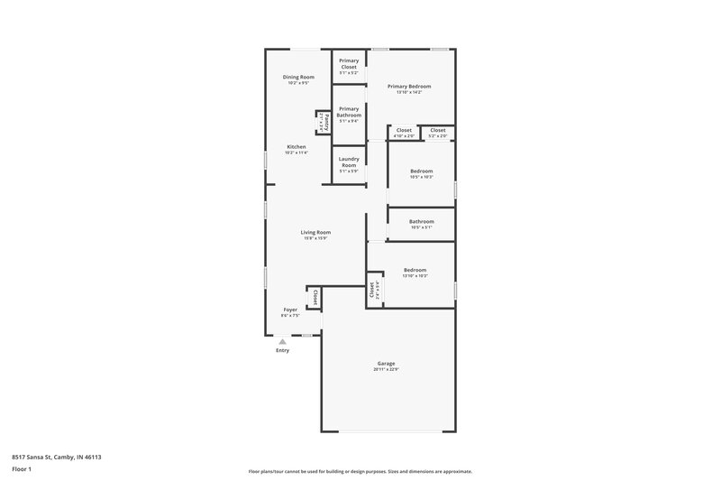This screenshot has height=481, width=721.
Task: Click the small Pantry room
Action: coord(321,121)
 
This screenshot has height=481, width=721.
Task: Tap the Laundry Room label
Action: coord(349,163)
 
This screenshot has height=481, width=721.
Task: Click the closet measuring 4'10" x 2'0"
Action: coord(405,133)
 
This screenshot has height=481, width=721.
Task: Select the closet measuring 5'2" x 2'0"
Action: coord(437,133)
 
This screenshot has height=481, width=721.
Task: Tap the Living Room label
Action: coord(315,232)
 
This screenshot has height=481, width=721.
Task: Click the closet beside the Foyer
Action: coord(314,296)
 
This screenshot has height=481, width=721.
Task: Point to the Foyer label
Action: coord(289,310)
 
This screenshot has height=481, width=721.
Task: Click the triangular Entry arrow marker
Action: coord(283,341)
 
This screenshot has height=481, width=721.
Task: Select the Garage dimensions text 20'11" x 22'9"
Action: coord(386,370)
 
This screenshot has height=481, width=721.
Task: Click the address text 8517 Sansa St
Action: coord(56,457)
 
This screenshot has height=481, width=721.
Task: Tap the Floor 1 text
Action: coord(21,469)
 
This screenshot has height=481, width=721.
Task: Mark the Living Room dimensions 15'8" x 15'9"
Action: coord(315,238)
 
